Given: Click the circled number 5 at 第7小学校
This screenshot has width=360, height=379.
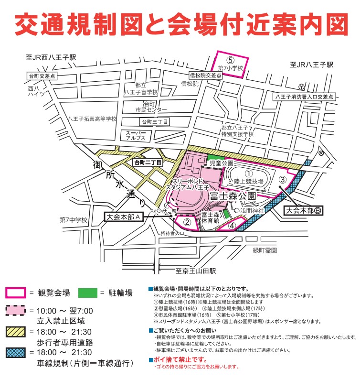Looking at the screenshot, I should click(230, 60).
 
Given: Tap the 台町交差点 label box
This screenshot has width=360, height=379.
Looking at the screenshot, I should click(42, 76).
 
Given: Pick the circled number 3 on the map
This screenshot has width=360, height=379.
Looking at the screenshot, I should click(282, 180).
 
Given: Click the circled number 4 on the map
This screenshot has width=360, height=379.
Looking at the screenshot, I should click(232, 226).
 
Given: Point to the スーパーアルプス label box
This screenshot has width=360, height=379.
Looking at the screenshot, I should click(135, 135).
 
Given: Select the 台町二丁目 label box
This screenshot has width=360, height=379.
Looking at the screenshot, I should click(148, 162).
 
